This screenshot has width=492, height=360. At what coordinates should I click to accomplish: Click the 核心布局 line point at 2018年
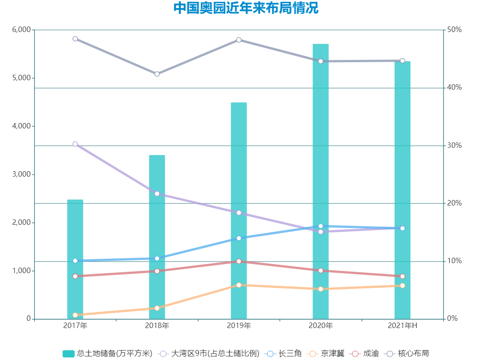[x=157, y=74]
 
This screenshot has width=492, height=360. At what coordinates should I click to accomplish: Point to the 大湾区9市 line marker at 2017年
[x=75, y=144]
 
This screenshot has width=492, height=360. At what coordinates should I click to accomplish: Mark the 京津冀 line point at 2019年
[x=239, y=285]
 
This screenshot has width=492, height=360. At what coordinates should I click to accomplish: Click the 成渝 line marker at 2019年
[x=239, y=261]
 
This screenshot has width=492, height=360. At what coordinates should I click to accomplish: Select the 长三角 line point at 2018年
[x=157, y=259]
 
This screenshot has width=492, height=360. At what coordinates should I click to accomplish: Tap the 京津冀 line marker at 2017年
[x=75, y=315]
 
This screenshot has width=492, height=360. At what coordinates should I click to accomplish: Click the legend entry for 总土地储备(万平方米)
[x=107, y=354]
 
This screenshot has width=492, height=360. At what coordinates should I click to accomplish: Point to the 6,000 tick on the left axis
[x=21, y=30]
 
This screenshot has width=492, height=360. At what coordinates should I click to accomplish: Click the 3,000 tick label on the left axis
[x=21, y=174]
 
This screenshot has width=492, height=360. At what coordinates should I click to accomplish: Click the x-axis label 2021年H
[x=402, y=326]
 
